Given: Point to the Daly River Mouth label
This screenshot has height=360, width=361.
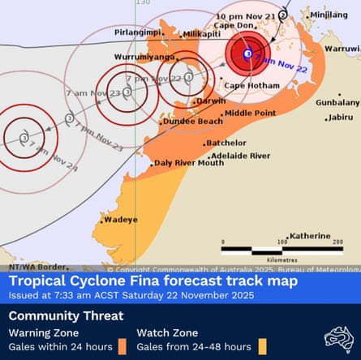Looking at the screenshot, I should tap(188, 163).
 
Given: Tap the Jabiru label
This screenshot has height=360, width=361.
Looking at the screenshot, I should tap(342, 117).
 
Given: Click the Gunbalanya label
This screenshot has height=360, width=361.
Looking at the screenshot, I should tap(337, 103).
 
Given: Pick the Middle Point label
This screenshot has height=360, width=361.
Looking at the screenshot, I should tap(249, 113).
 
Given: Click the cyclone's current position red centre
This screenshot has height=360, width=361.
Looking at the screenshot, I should tap(247, 54).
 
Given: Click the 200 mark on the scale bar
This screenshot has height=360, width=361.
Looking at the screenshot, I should tap(337, 242).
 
